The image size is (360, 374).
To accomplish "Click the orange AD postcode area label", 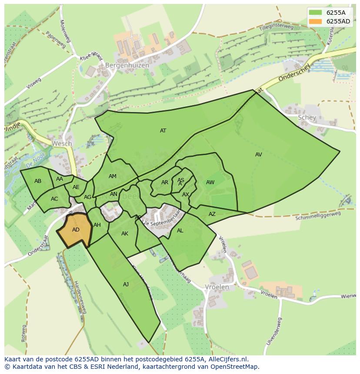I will pos(76,230).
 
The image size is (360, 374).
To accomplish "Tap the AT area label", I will pos(163,131).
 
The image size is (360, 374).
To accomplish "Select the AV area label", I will pos(259,155).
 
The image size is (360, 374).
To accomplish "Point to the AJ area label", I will pos(126,285).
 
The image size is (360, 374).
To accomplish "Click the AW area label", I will pos(210,182).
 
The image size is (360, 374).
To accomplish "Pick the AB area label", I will pos(38,181).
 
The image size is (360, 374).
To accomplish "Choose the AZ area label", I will pos(212,214).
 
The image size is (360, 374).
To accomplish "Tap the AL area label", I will pos(180,231).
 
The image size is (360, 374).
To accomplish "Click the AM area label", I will pos(113,176).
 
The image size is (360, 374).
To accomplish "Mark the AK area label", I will pos(125,234).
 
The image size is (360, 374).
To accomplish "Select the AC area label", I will pos(54,199).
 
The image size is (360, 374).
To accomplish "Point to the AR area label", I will pos(165,182).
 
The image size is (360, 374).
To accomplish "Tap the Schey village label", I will pos(307,118).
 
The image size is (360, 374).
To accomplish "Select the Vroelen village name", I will pos(217,287).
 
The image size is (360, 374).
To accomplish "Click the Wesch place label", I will pos(62,143).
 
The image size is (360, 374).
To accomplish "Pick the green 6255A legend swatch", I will pos(316,13).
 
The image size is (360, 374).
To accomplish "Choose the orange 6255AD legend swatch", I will pos(316,21).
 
